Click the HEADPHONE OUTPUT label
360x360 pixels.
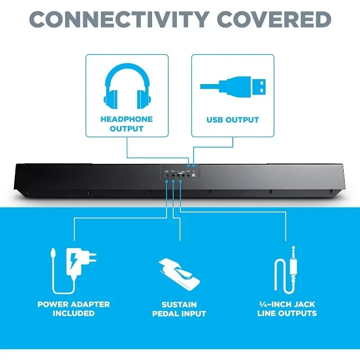tap(126, 124)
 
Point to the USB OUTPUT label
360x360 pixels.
tap(233, 120)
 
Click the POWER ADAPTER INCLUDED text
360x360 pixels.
tap(74, 309)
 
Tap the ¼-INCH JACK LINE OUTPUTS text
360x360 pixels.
tap(287, 309)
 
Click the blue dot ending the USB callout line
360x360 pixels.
tap(194, 166)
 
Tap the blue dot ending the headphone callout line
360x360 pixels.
tap(189, 166)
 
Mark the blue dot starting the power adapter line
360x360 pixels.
tap(166, 181)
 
